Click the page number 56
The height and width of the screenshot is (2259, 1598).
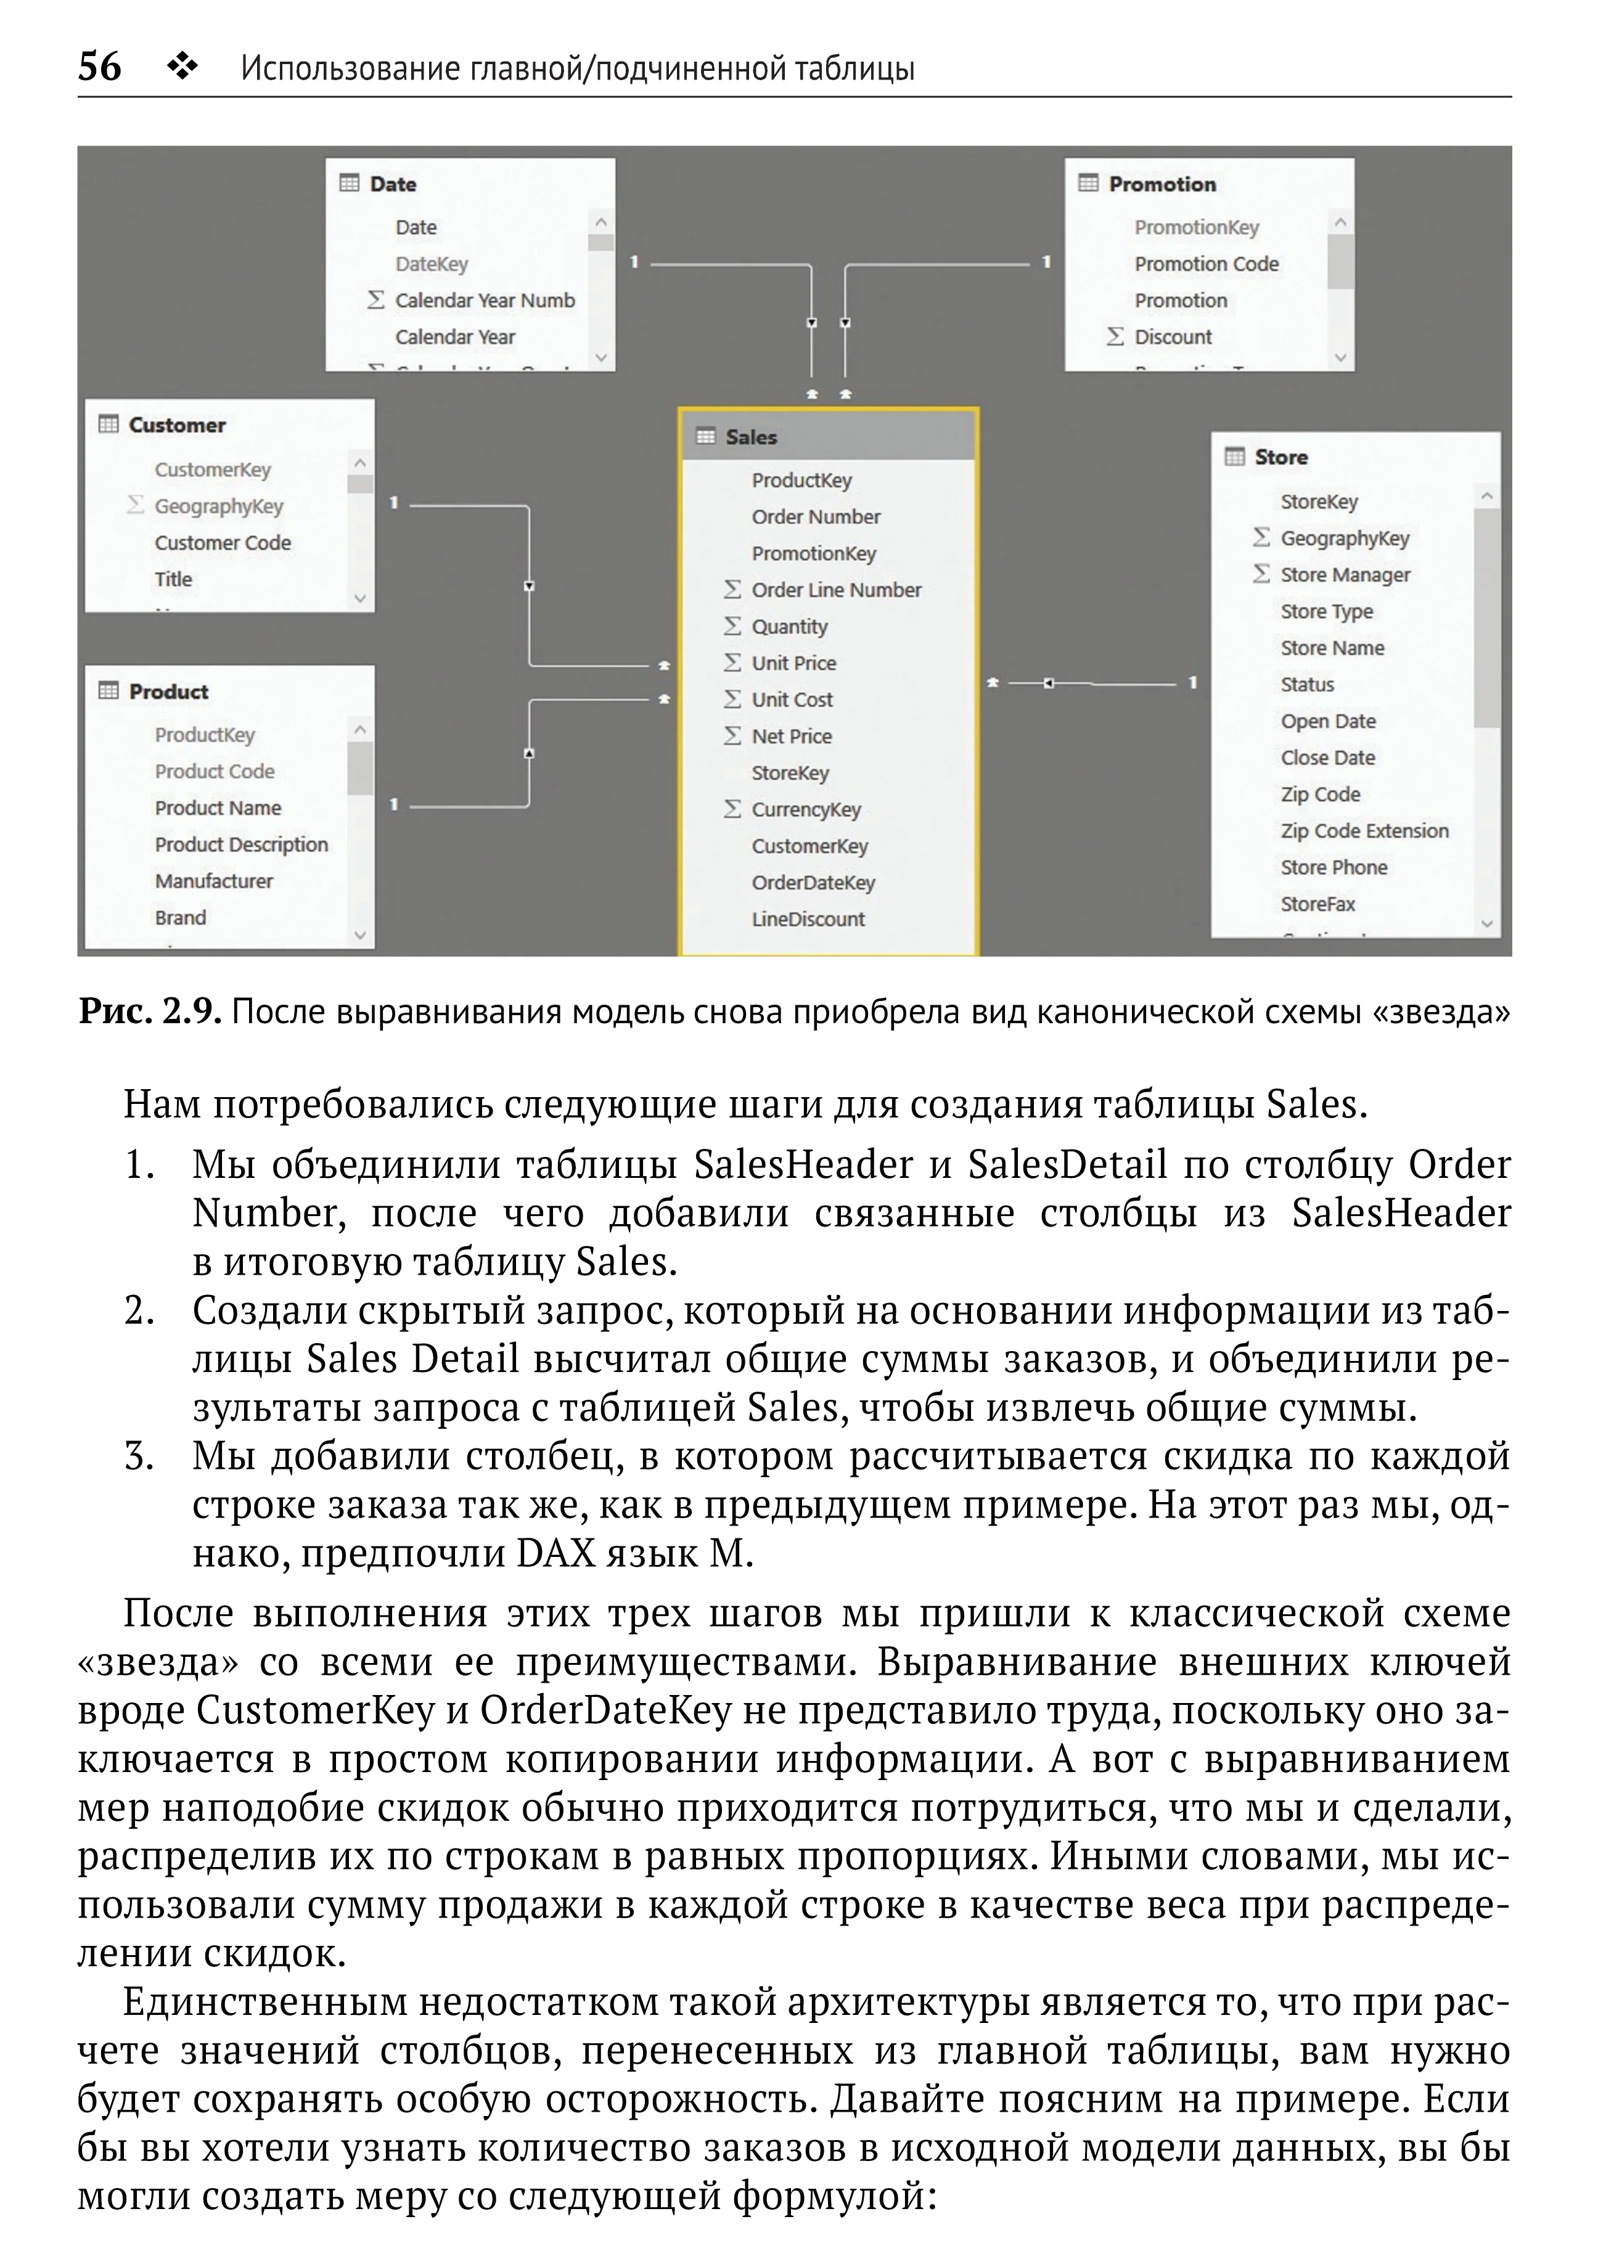point(99,67)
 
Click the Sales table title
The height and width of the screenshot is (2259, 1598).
point(751,437)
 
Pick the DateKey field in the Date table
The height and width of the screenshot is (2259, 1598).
point(431,264)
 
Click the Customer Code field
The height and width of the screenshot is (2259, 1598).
point(223,542)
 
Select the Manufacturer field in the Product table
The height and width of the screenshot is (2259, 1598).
point(213,881)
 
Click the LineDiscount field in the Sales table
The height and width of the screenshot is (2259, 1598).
point(808,919)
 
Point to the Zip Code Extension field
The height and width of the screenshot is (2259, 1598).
point(1364,830)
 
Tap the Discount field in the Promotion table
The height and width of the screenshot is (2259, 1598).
point(1173,337)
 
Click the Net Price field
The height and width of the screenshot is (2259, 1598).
point(791,736)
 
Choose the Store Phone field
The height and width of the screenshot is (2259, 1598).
point(1334,867)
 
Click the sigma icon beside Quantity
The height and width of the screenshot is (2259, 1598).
point(732,626)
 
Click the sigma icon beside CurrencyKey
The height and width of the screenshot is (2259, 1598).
point(732,809)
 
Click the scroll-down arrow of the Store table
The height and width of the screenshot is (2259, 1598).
point(1487,923)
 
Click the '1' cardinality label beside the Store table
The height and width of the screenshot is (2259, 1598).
point(1192,682)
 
